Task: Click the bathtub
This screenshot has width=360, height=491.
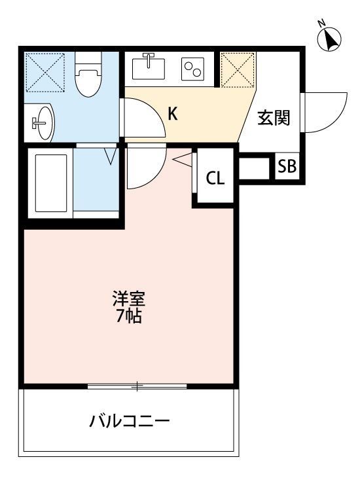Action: click(x=50, y=184)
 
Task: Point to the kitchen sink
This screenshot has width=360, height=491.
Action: click(x=150, y=68)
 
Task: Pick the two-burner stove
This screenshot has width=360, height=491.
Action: click(x=193, y=69)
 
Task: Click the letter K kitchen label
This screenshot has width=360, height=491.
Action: click(x=173, y=114)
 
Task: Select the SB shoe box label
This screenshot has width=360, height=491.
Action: click(x=287, y=166)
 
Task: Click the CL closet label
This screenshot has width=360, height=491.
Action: click(x=215, y=177)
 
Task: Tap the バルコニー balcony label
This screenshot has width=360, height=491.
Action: click(x=130, y=420)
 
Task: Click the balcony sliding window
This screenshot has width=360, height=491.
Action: click(x=137, y=386)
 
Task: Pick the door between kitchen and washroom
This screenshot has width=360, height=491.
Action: click(x=141, y=118)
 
